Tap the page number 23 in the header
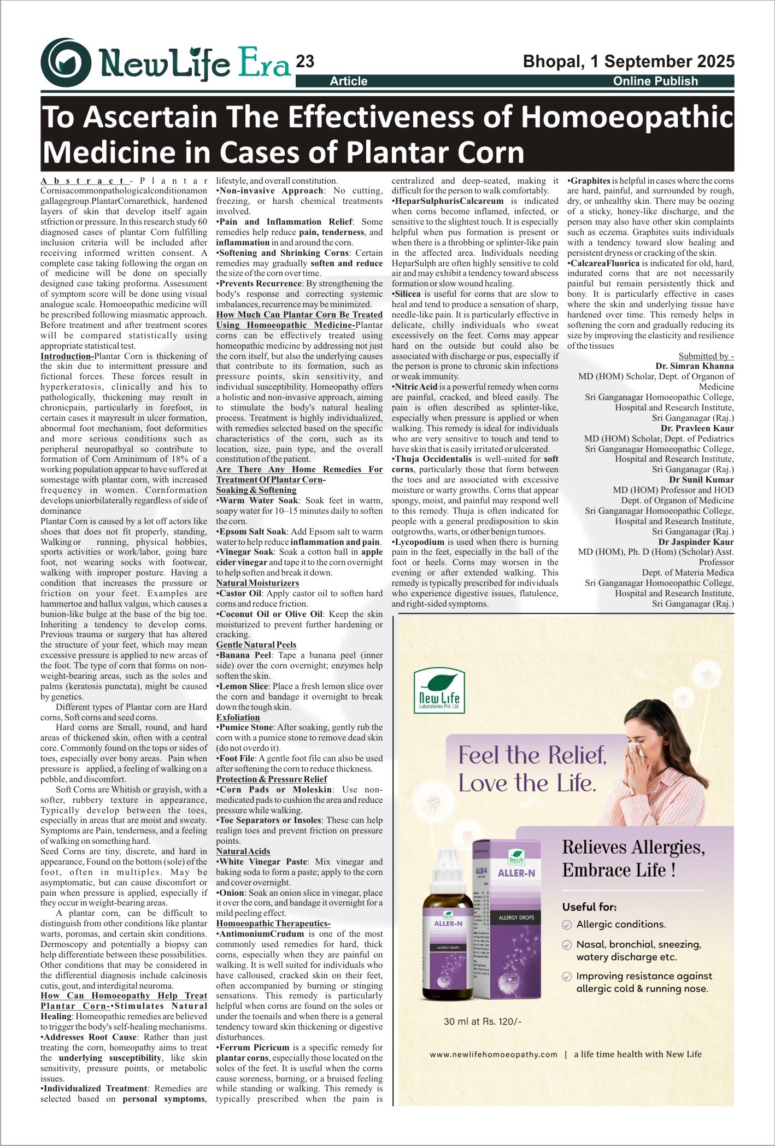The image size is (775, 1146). point(305,62)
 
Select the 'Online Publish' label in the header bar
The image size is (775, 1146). point(655,81)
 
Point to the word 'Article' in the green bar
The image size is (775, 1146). point(349,81)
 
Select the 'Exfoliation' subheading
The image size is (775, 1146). point(238,717)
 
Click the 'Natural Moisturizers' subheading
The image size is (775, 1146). point(257,583)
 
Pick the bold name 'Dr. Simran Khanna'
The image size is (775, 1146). point(695,366)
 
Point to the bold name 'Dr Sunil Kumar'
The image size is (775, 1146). point(701,480)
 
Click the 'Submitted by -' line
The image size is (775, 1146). point(706,356)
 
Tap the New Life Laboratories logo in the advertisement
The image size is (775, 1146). point(439,691)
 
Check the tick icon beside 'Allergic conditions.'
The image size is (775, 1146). point(567,925)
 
